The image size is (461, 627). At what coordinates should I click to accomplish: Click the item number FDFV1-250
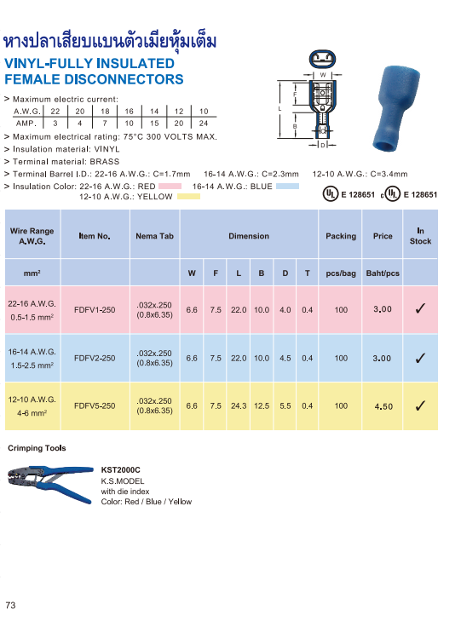tap(95, 309)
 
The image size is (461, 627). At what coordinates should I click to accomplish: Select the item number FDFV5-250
tap(95, 406)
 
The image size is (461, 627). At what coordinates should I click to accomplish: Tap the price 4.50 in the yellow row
tap(383, 406)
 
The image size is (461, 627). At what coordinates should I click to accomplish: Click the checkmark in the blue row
tap(420, 358)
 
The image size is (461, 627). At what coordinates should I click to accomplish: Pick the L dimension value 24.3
tap(239, 406)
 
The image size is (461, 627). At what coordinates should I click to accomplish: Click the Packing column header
tap(341, 236)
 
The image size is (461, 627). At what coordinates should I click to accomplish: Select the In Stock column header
tap(420, 236)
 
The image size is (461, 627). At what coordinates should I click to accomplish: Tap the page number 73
tap(11, 606)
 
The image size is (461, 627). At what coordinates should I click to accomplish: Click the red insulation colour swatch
tap(170, 185)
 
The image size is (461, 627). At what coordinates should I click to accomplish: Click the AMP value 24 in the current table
tap(203, 124)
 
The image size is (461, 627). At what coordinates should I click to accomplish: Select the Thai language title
tap(111, 41)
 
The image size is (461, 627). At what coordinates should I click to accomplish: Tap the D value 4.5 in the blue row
tap(285, 358)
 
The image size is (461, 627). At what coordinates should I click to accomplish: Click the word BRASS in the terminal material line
tap(104, 161)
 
